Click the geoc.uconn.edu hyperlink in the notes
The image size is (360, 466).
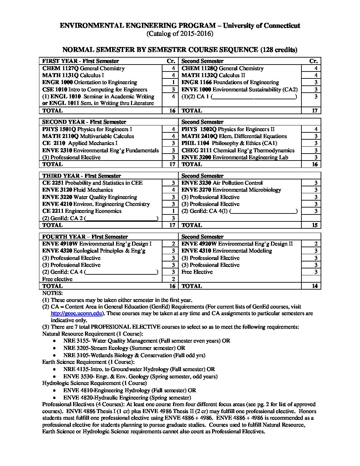point(77,313)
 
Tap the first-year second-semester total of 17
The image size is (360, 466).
point(314,111)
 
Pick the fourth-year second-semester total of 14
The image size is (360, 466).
point(314,286)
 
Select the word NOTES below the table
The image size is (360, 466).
point(52,293)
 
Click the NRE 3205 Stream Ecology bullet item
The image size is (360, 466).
point(124,348)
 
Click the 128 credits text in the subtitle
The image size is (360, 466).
point(279,50)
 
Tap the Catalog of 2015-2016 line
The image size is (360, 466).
point(180,34)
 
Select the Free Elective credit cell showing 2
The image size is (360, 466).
point(173,279)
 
